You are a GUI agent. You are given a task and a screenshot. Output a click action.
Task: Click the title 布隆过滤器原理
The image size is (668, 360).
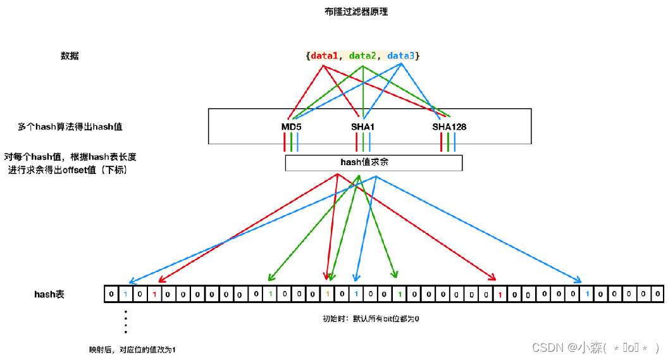pyautogui.click(x=356, y=11)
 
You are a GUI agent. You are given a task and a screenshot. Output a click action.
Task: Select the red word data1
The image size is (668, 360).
pyautogui.click(x=325, y=56)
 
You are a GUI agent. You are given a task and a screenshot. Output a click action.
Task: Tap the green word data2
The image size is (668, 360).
pyautogui.click(x=362, y=56)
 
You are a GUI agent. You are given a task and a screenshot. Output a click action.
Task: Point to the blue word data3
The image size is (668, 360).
pyautogui.click(x=401, y=56)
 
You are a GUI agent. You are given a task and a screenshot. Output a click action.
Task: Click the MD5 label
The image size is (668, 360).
pyautogui.click(x=292, y=127)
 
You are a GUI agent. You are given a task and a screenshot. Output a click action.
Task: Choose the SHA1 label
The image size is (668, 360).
pyautogui.click(x=362, y=127)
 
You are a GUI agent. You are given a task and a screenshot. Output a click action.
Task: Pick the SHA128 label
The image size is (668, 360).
pyautogui.click(x=449, y=127)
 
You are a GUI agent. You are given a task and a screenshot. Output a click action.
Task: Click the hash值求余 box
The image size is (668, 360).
pyautogui.click(x=374, y=163)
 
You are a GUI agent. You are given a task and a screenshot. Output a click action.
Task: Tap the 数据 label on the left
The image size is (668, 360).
pyautogui.click(x=70, y=56)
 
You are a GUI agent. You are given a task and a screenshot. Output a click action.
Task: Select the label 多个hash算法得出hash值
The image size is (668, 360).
pyautogui.click(x=70, y=127)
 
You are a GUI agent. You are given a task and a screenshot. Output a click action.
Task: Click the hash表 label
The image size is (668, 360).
pyautogui.click(x=49, y=294)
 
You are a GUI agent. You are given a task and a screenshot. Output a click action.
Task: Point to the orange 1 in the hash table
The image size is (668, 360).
pyautogui.click(x=328, y=294)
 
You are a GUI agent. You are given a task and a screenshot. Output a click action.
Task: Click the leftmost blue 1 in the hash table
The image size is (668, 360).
pyautogui.click(x=125, y=294)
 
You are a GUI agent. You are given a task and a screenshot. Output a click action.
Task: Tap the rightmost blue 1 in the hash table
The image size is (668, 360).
pyautogui.click(x=587, y=294)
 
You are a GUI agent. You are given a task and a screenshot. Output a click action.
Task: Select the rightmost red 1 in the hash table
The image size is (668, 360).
pyautogui.click(x=500, y=294)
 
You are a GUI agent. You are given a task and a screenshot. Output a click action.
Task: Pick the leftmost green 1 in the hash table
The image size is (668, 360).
pyautogui.click(x=271, y=294)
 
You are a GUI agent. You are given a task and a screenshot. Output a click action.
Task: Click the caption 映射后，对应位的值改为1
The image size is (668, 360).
pyautogui.click(x=132, y=350)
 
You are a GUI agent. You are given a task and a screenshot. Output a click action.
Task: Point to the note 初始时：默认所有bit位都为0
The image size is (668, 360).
pyautogui.click(x=371, y=319)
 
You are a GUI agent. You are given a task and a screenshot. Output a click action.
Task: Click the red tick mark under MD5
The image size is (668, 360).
pyautogui.click(x=284, y=142)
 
